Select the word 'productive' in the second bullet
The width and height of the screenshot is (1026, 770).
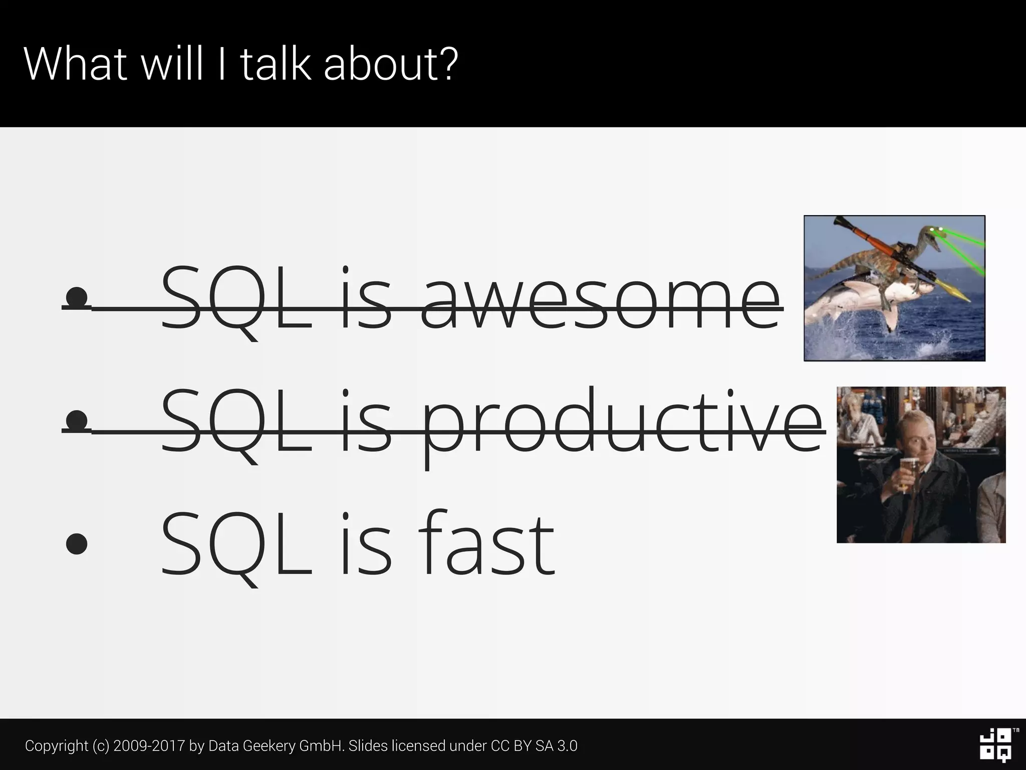(623, 424)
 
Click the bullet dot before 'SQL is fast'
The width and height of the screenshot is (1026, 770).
(77, 544)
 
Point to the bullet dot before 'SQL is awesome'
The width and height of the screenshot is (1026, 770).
(77, 297)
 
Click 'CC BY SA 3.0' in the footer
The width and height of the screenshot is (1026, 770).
(534, 746)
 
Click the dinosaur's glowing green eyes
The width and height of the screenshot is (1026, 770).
(936, 230)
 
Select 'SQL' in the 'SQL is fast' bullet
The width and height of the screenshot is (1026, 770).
(235, 544)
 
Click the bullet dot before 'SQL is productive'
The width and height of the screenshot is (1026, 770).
(77, 420)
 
